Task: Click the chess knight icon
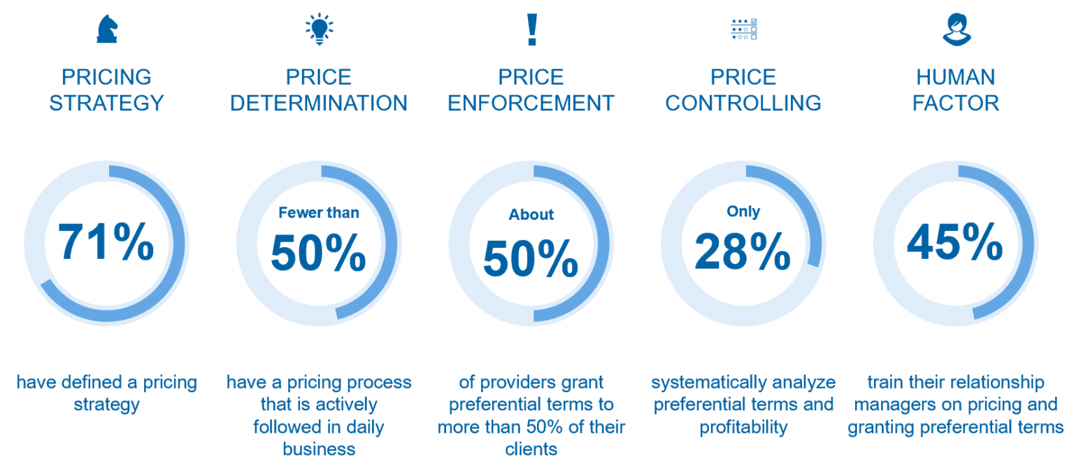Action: point(107,29)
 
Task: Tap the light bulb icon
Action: point(319,29)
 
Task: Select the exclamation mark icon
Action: point(531,29)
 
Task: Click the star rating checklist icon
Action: point(743,29)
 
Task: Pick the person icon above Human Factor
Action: point(956,29)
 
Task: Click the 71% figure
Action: point(106,242)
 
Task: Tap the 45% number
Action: point(955,242)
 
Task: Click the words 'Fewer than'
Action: point(319,212)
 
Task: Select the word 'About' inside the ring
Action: point(531,214)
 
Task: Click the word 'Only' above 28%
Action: point(743,211)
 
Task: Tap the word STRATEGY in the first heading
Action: point(106,103)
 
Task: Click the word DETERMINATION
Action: point(319,103)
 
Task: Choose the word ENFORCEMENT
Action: point(531,103)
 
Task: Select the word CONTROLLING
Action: point(743,103)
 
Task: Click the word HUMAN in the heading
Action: point(956,77)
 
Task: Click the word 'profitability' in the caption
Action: point(743,427)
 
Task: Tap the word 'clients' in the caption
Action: point(531,449)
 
